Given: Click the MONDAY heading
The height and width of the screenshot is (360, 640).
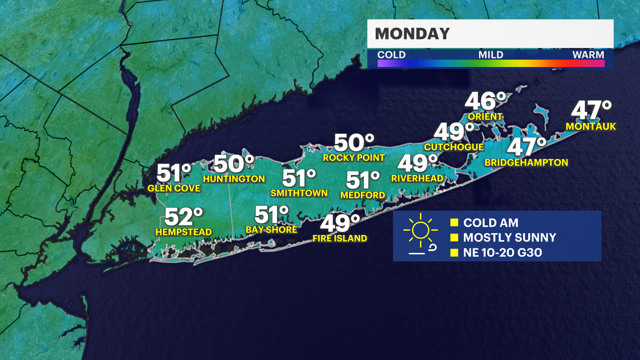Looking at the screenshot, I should pos(412,34).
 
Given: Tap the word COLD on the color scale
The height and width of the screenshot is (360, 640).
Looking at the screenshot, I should pos(391,55).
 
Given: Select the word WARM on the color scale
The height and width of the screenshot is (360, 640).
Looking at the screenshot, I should pos(588,55).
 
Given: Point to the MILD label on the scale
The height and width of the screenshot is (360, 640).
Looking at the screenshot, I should pos(491,55).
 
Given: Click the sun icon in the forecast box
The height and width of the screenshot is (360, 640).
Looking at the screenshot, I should pos(420,230).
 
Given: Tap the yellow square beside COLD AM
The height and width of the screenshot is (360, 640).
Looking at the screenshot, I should pos(454,223).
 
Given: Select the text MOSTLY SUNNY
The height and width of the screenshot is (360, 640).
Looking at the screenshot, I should pos(509,237).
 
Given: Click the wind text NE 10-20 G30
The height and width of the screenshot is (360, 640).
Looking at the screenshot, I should pos(502,252).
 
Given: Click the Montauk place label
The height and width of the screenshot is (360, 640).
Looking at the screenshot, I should pos(591,126).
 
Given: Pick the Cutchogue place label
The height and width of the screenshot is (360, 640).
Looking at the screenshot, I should pos(454,147).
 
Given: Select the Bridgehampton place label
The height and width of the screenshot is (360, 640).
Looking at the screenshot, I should pos(526,162).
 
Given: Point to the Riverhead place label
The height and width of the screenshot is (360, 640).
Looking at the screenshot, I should pos(417,178).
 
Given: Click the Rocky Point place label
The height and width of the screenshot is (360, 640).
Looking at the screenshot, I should pos(354,158).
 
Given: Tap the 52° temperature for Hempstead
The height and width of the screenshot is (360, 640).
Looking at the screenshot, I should pos(184,217).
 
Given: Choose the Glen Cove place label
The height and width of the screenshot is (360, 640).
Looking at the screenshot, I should pos(174,188).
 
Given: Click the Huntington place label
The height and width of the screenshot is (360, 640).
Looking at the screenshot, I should pos(234,179).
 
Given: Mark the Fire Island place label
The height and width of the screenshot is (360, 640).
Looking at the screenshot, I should pos(340,238).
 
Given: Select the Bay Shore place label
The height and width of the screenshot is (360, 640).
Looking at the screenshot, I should pos(271,230).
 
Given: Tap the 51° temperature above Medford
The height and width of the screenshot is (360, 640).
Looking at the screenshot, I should pos(363,180).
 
